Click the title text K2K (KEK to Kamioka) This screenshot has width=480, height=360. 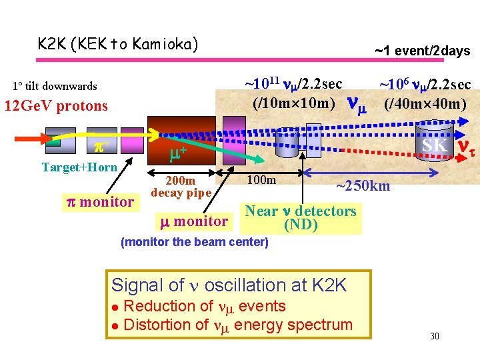tap(118, 45)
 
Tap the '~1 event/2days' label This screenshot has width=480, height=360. tap(422, 51)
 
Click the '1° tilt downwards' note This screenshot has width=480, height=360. tap(55, 86)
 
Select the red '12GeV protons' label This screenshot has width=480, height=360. tap(56, 106)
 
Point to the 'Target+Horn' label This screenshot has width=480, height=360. tap(79, 167)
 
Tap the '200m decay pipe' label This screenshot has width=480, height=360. tap(181, 187)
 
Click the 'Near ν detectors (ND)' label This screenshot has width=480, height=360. tap(301, 218)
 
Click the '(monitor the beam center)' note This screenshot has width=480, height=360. tap(194, 242)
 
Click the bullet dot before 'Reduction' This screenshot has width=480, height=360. tap(115, 307)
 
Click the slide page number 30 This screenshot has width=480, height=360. tap(434, 336)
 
